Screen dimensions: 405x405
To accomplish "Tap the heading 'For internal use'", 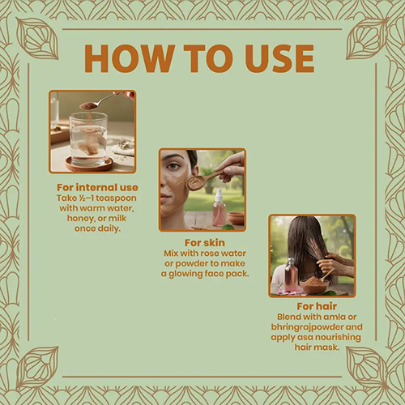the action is click(x=97, y=187).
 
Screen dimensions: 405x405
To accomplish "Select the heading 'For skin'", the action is click(x=205, y=243).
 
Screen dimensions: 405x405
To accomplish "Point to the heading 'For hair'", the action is click(x=317, y=306).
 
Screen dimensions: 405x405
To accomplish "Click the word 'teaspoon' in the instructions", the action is click(x=116, y=198).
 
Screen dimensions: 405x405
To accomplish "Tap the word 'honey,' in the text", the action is click(x=81, y=218).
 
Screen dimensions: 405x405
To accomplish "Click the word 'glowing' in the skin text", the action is click(x=185, y=274).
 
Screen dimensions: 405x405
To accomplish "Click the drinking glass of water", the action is click(x=88, y=139).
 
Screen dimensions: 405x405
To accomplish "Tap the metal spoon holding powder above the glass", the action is click(x=103, y=101).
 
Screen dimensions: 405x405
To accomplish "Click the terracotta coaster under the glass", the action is click(x=89, y=164).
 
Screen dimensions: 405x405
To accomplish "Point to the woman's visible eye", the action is click(x=172, y=166).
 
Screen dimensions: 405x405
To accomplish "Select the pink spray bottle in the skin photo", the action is click(x=219, y=207).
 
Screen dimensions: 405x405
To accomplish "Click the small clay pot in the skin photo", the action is click(x=236, y=218).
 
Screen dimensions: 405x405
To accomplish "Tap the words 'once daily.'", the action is click(x=97, y=228).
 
